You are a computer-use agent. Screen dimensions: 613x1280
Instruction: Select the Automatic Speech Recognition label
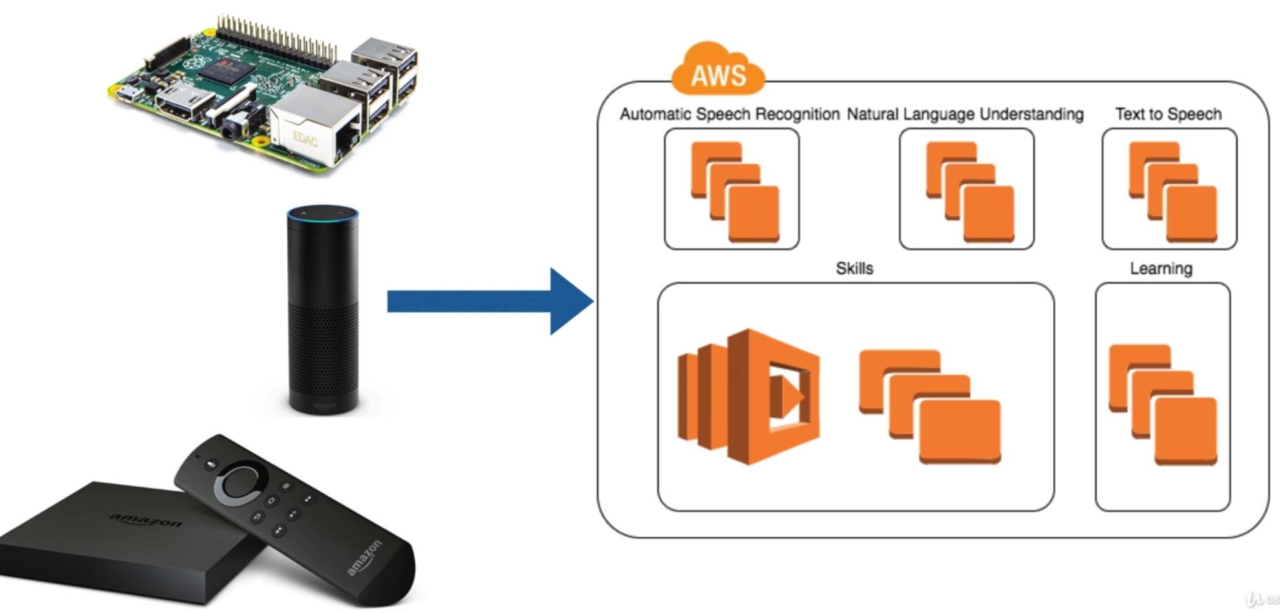click(x=729, y=114)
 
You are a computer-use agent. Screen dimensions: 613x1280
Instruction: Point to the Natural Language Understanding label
click(x=965, y=114)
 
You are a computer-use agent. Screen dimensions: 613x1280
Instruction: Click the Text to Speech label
click(x=1168, y=114)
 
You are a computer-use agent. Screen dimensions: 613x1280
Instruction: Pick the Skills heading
click(x=854, y=268)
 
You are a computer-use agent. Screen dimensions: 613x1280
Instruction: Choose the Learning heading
click(x=1161, y=268)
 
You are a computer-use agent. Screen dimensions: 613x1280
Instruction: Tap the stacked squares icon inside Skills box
click(x=930, y=406)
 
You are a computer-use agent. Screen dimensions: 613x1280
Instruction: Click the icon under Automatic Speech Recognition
click(x=734, y=191)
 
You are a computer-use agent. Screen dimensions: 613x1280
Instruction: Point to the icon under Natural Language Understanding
click(x=970, y=191)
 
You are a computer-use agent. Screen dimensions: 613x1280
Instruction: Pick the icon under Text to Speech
click(x=1172, y=191)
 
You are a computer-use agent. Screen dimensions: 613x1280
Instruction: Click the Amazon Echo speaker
click(x=323, y=310)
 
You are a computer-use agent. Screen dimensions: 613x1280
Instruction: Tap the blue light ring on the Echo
click(x=323, y=213)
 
